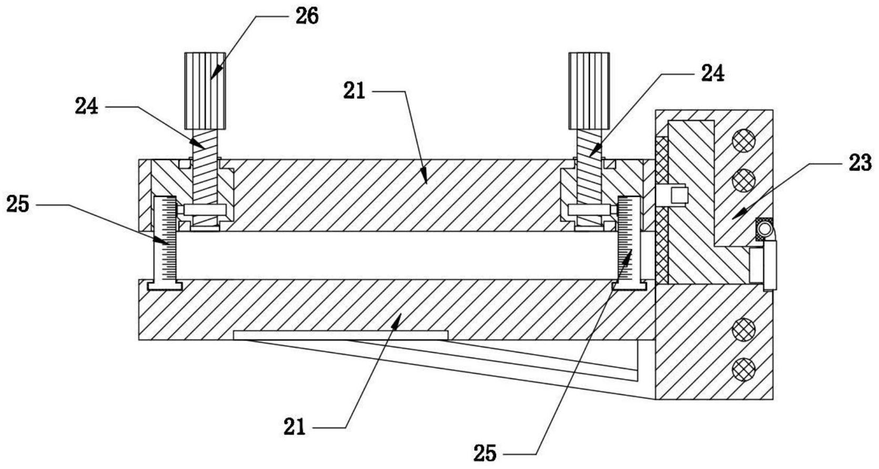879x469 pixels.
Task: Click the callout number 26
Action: point(307,16)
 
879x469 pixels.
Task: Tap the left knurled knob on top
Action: point(205,91)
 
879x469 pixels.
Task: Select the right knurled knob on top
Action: point(589,91)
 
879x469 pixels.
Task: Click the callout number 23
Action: point(860,163)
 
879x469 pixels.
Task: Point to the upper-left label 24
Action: point(87,106)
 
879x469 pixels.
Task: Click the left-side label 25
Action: point(18,204)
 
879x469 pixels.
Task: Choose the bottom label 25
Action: point(485,453)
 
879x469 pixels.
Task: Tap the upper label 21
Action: point(355,91)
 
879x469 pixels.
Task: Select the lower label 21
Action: point(295,427)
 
